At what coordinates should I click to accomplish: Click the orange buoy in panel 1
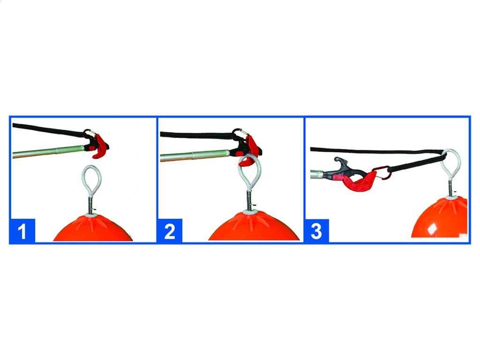coord(93,228)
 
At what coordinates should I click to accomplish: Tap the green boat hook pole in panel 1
coord(48,151)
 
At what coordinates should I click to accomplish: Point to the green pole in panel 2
coord(195,155)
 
